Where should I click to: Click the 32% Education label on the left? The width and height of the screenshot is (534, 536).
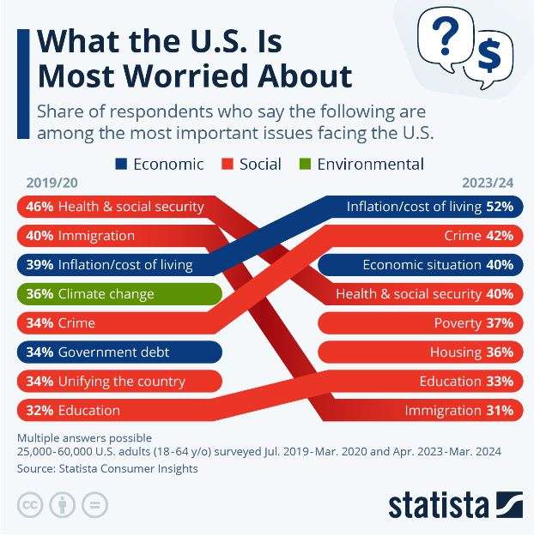(73, 410)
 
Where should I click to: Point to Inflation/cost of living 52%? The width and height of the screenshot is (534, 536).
(429, 207)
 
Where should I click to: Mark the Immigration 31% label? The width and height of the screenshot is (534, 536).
(458, 410)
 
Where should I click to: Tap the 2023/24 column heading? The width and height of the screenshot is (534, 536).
(488, 183)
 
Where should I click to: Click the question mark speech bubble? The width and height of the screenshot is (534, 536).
(443, 38)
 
